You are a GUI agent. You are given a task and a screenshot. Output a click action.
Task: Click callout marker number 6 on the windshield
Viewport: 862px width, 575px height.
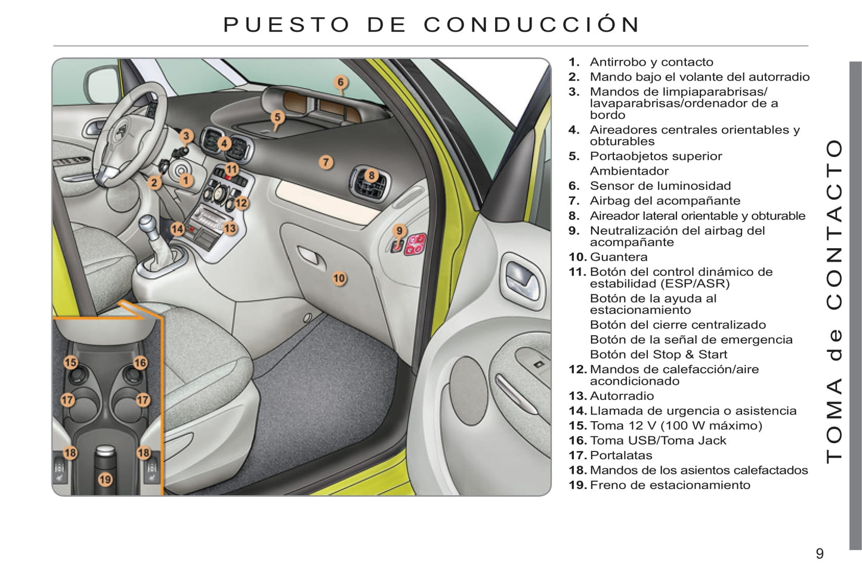tap(341, 82)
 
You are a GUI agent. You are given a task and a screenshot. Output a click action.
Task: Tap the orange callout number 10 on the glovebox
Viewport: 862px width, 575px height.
tap(339, 279)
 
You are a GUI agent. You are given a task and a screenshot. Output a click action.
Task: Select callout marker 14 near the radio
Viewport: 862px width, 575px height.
tap(177, 230)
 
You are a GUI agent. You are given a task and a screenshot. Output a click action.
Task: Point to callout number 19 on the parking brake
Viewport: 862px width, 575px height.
tap(105, 480)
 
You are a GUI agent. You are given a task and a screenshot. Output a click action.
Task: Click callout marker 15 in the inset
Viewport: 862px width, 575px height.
tap(71, 363)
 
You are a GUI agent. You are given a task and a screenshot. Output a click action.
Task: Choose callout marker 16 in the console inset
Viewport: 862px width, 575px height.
tap(140, 363)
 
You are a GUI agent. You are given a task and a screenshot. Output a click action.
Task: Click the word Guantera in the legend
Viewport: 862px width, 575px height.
tap(619, 256)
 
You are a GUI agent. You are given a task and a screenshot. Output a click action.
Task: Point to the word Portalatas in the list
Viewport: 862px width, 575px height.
tap(621, 455)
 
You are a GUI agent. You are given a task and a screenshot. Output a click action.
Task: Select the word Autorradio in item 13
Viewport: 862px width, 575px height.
tap(622, 395)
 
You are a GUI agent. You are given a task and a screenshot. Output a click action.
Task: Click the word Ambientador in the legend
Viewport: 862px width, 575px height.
tap(629, 171)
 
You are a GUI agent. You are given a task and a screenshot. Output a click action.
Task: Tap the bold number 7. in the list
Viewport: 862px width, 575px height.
tap(574, 201)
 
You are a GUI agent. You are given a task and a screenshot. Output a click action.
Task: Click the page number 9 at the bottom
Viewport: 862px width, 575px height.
tap(820, 554)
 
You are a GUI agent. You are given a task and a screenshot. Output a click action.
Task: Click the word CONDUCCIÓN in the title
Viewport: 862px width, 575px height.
tap(532, 24)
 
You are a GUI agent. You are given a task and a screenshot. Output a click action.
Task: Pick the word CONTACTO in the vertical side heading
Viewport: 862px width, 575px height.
tap(835, 225)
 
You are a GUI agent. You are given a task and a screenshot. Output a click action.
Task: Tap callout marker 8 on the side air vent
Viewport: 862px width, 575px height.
tap(372, 175)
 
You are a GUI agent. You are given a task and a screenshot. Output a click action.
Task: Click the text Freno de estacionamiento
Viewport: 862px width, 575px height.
tap(670, 485)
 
